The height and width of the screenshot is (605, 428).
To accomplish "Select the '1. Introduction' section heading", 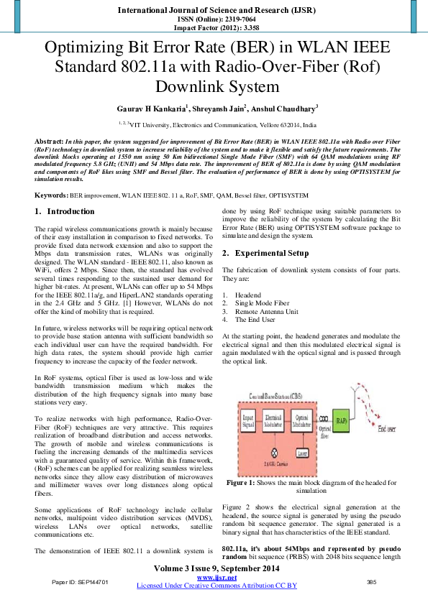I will (x=65, y=211).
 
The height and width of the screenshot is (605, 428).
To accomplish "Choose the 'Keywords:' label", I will (x=52, y=195).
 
